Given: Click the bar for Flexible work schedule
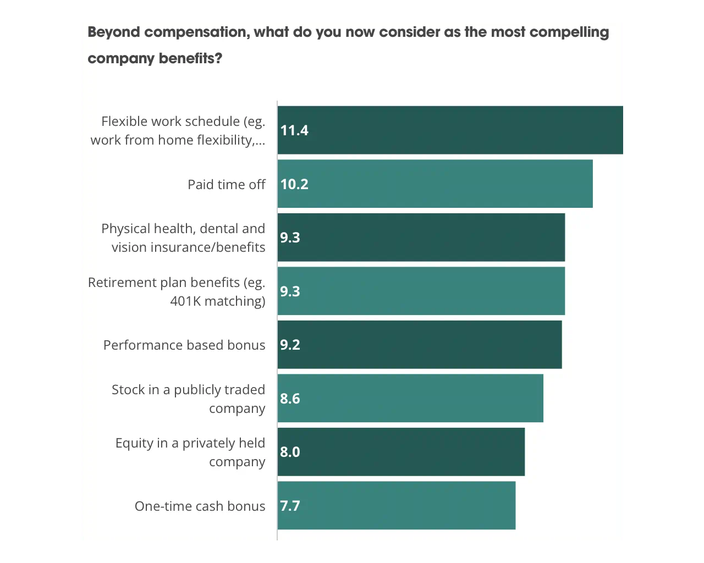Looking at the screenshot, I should click(451, 130).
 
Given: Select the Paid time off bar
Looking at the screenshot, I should click(435, 184).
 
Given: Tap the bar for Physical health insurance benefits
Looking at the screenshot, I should click(421, 238).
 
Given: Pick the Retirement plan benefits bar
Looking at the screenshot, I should click(421, 291).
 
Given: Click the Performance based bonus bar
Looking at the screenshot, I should click(420, 345).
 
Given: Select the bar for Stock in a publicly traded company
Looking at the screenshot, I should click(410, 399).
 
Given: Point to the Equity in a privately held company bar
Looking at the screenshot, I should click(401, 452).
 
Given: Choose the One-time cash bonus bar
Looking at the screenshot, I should click(397, 506).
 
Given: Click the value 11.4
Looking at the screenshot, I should click(294, 130).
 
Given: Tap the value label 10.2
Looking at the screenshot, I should click(294, 184).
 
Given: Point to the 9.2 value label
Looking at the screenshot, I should click(290, 345).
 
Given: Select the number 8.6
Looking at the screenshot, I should click(290, 399).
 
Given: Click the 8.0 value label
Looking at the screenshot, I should click(290, 452).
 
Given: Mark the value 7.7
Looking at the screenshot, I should click(290, 506).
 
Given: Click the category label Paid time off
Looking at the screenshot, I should click(226, 184).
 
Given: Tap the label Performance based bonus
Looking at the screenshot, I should click(184, 345).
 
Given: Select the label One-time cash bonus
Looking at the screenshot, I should click(200, 506).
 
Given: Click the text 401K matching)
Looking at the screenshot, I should click(217, 301).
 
